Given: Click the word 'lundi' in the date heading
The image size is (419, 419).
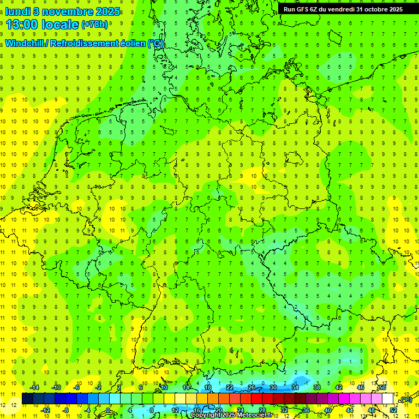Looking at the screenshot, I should (x=18, y=10).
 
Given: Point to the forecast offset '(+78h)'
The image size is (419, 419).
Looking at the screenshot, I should (x=94, y=25).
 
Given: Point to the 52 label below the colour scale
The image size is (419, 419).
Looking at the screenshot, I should (x=393, y=410).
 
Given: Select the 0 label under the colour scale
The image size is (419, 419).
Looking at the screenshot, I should (x=109, y=410).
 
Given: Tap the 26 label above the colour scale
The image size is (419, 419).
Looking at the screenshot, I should (x=252, y=387).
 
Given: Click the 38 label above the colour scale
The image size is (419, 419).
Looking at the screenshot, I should (x=317, y=387).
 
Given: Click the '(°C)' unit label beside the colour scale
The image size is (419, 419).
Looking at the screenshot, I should (x=406, y=400).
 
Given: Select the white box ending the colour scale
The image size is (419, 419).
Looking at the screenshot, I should (x=388, y=399).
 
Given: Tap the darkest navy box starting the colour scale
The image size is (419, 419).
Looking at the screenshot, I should (x=27, y=399).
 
